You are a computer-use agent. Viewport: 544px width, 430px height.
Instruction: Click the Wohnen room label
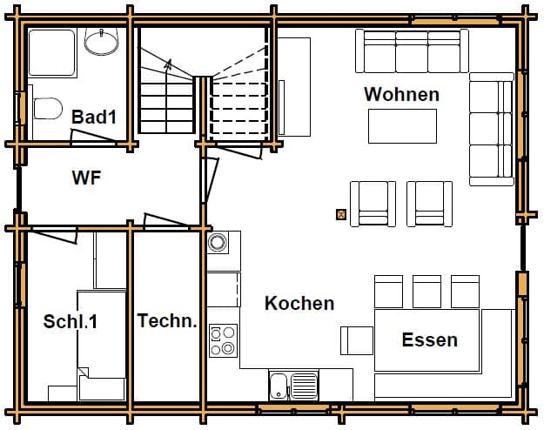401,94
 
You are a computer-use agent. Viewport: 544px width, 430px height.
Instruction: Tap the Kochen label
299,303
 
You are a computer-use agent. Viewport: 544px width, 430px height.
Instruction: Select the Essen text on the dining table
429,339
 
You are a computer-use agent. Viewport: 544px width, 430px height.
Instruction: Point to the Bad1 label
94,117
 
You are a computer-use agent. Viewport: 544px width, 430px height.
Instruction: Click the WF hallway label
86,178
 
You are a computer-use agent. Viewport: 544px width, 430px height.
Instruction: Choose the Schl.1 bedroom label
71,321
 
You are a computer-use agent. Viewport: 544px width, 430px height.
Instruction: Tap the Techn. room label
167,320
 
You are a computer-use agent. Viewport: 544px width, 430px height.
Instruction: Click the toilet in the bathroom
48,108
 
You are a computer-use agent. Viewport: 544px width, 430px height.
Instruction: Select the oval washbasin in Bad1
101,42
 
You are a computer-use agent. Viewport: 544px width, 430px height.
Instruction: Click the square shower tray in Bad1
52,52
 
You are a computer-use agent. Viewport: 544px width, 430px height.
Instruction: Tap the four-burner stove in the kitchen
223,341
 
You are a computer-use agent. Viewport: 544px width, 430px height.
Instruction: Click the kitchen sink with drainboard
293,386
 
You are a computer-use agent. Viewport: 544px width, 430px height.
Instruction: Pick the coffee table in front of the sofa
402,126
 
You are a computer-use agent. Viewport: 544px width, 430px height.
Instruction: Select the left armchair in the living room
373,204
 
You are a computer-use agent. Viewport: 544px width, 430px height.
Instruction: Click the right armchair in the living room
429,204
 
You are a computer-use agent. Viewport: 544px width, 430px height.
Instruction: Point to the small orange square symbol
341,214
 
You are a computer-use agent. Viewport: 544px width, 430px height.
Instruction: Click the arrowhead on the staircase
169,64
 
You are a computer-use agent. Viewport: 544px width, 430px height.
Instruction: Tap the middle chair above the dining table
426,292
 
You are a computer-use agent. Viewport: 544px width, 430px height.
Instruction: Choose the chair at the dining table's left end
357,340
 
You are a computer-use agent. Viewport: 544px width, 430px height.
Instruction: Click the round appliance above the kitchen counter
218,242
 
